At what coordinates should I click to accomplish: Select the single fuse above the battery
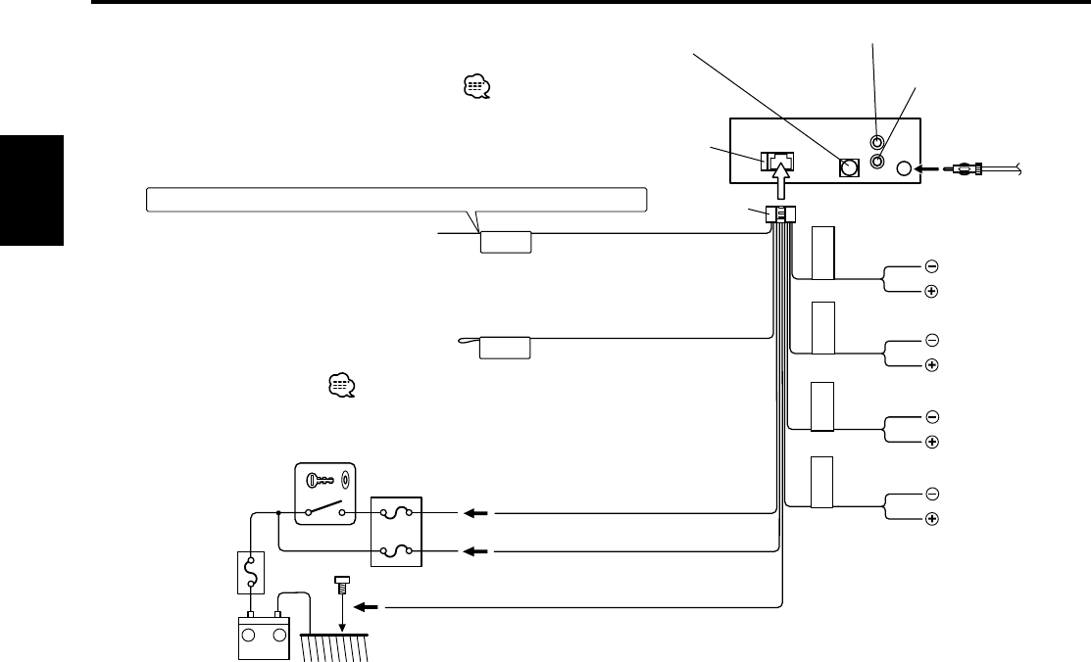tap(252, 572)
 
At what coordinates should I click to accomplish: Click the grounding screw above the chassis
tap(342, 585)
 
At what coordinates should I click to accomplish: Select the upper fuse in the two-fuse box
tap(396, 512)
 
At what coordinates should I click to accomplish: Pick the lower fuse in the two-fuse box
tap(396, 551)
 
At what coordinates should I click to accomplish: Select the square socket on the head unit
tap(848, 167)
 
